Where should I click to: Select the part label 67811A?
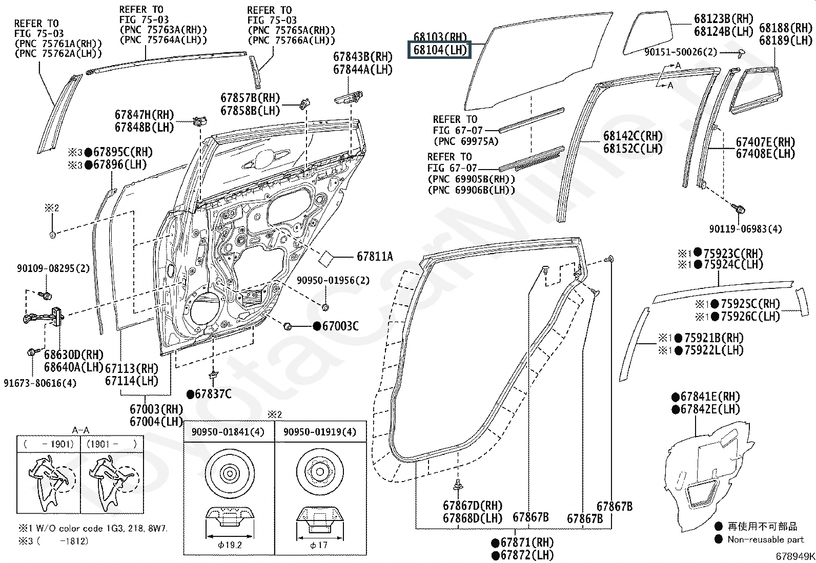pos(375,257)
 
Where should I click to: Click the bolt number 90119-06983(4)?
pos(745,229)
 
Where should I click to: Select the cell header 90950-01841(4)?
pos(228,432)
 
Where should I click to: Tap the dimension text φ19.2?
pos(229,545)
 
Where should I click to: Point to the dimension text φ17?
pos(319,545)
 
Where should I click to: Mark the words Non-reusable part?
pos(765,539)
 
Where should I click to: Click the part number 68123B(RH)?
pos(724,19)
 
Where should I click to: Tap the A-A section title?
pos(80,431)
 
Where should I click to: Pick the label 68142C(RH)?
pos(633,136)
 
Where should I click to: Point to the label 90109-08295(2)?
pos(53,268)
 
